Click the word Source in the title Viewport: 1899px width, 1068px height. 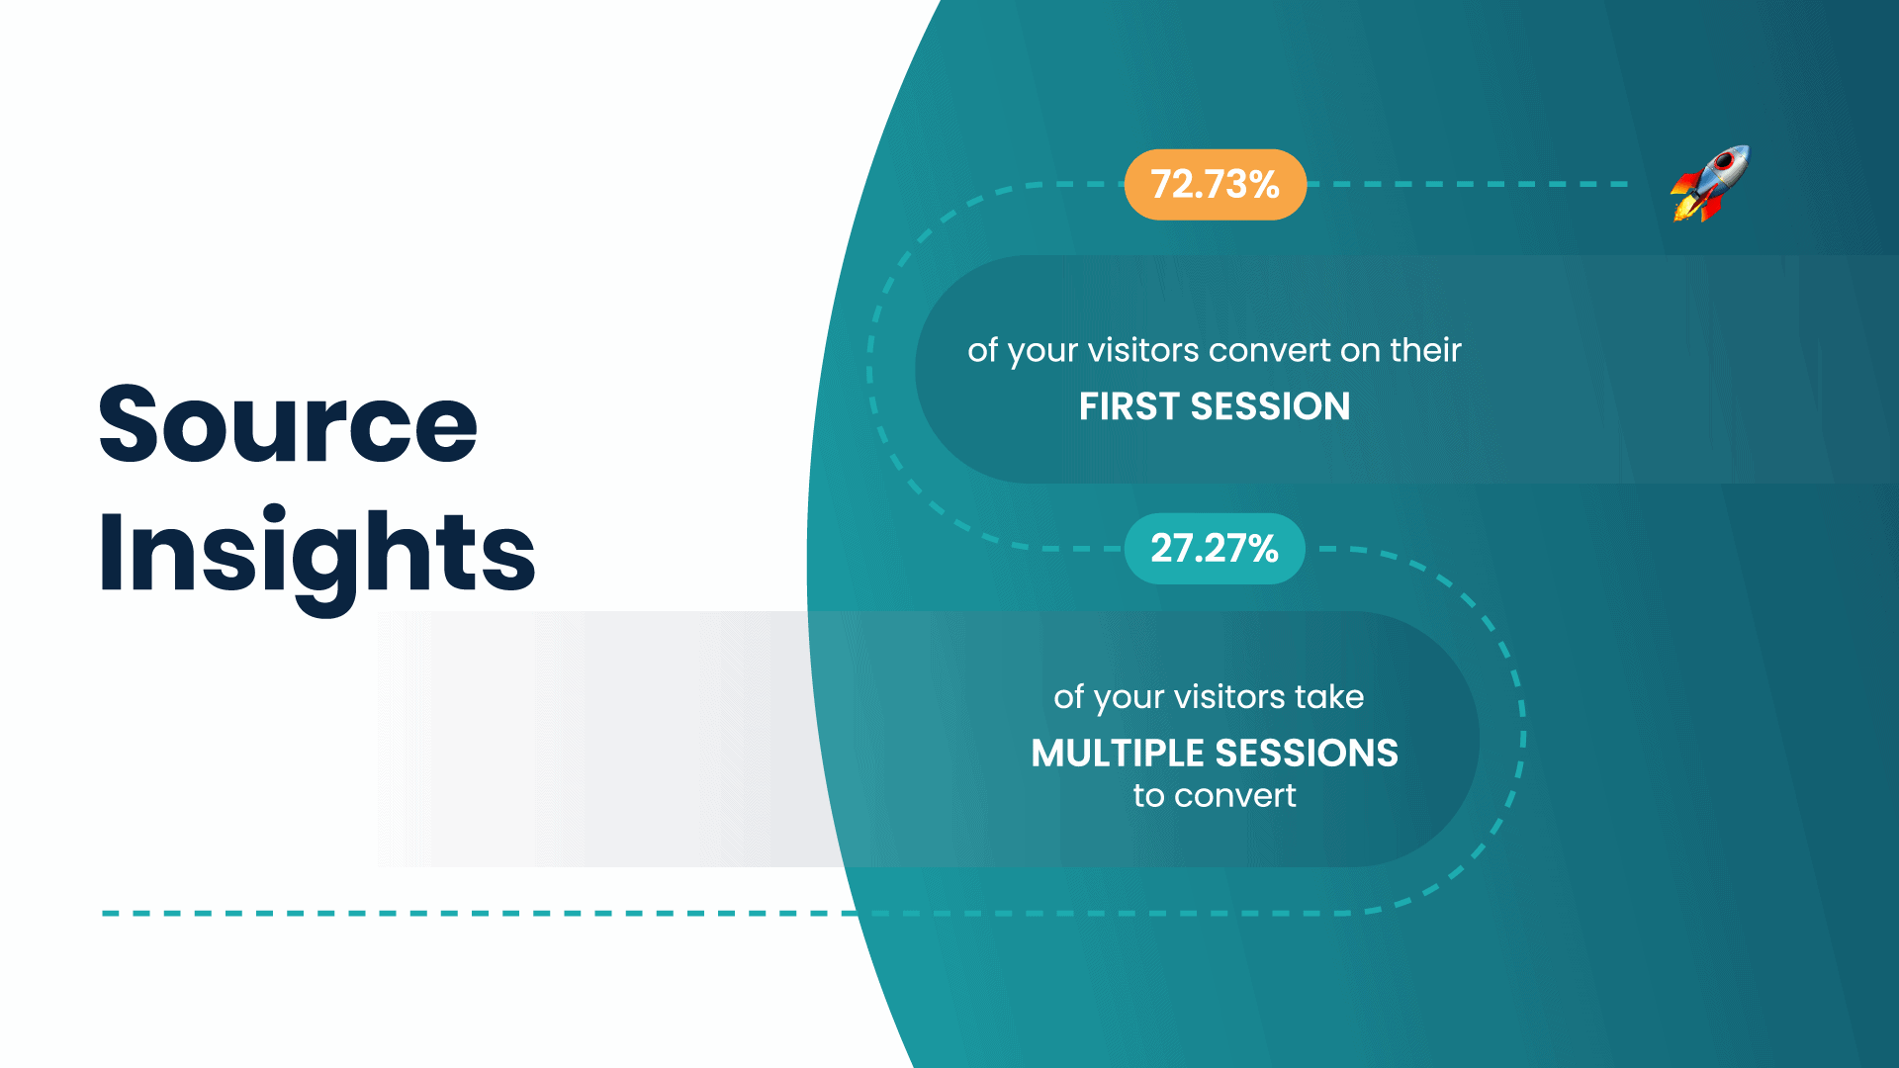pos(288,424)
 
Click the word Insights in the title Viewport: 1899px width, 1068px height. pos(316,553)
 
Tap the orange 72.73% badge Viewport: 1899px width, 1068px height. pos(1215,185)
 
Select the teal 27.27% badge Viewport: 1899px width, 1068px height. pos(1215,549)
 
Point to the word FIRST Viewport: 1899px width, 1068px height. pos(1129,406)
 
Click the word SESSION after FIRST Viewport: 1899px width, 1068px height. pos(1270,406)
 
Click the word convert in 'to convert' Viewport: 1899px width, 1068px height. pos(1235,796)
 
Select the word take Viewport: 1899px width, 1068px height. pos(1329,697)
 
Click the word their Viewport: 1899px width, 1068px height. pos(1425,350)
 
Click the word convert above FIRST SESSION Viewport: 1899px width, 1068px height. pos(1269,350)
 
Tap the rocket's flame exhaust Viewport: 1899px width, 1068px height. pos(1685,207)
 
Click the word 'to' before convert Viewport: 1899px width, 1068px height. pos(1148,796)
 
